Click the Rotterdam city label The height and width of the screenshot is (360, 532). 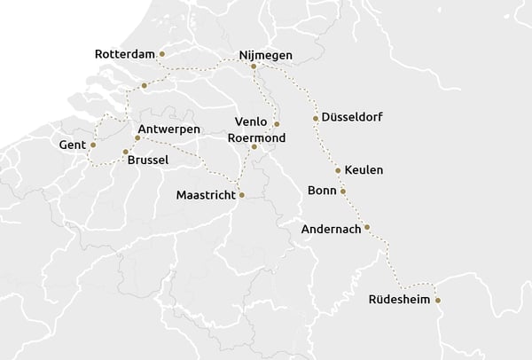tap(124, 55)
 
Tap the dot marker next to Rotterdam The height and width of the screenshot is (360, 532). tap(161, 54)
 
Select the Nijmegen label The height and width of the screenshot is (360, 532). tap(266, 55)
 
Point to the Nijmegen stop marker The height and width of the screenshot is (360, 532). tap(254, 66)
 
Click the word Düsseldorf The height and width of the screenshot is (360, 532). tap(353, 117)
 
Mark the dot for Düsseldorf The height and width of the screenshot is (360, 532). tap(316, 118)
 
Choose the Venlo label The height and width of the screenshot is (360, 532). tap(250, 121)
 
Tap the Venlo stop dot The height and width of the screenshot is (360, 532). tap(277, 124)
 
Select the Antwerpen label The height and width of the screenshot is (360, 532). tap(175, 129)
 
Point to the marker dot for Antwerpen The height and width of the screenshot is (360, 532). tap(137, 137)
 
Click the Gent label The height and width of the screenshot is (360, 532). tap(71, 145)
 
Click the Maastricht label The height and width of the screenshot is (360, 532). tap(206, 195)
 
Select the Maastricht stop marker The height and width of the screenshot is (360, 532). tap(241, 195)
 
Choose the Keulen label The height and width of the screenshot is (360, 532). tap(364, 170)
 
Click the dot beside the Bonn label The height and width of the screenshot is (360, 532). tap(343, 191)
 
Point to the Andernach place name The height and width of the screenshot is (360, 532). tap(331, 229)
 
